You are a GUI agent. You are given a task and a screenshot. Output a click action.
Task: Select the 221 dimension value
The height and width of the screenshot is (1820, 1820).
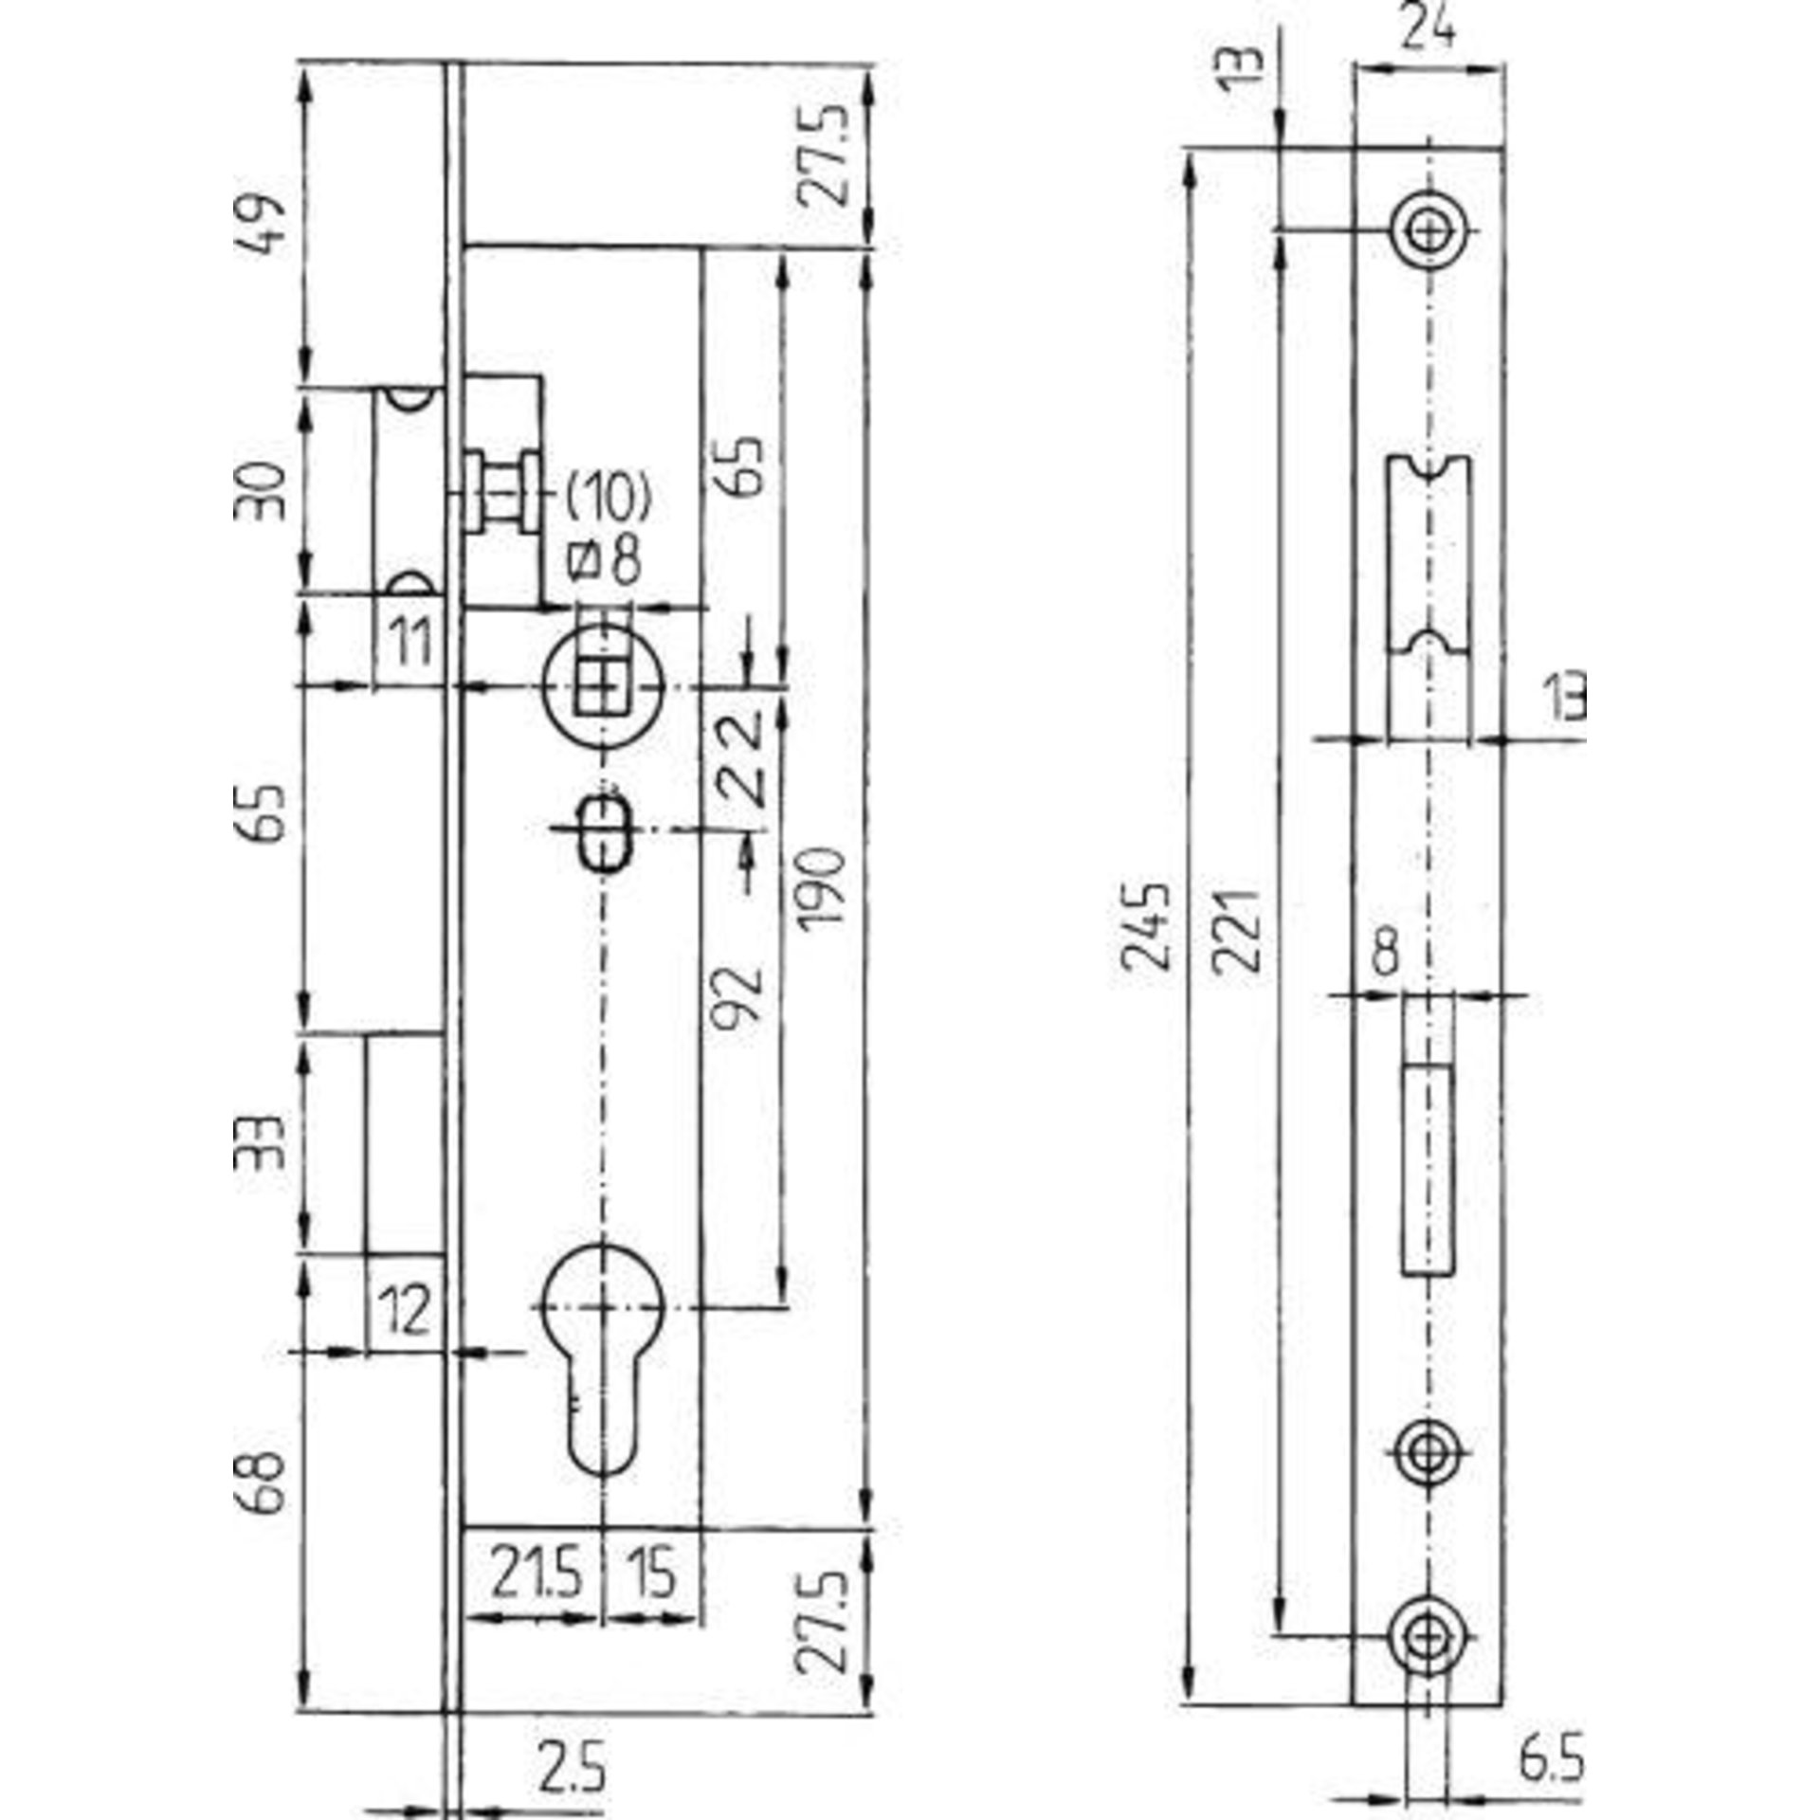(x=1239, y=930)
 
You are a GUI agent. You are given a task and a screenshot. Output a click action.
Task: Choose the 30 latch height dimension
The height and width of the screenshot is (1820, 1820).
(x=259, y=490)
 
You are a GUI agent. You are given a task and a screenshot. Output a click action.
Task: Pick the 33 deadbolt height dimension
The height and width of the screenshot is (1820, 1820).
(x=259, y=1144)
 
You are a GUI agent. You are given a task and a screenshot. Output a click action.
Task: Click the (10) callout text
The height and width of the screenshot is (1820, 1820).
(x=608, y=498)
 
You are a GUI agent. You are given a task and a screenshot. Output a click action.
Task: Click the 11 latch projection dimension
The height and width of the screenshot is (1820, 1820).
(x=410, y=643)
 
